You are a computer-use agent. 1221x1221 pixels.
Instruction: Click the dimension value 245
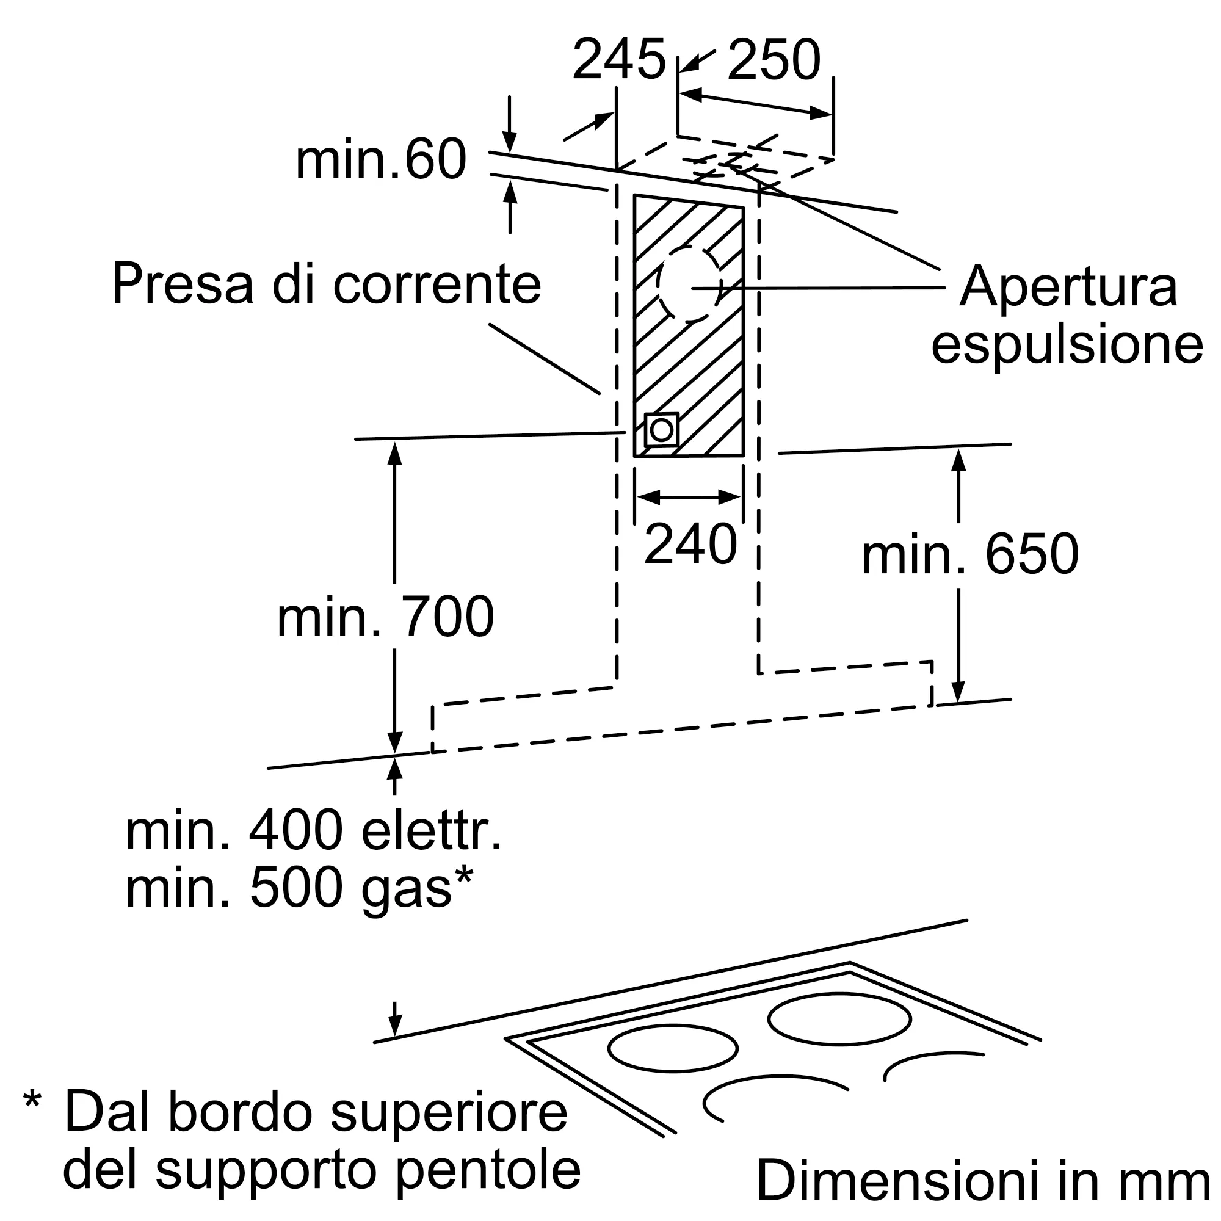pyautogui.click(x=618, y=60)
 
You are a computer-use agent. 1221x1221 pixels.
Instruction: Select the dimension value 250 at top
pyautogui.click(x=774, y=60)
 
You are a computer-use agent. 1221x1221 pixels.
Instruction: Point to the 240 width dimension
pyautogui.click(x=690, y=544)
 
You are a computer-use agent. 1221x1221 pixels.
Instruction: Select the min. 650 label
pyautogui.click(x=970, y=554)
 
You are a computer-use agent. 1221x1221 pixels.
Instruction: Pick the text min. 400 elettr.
pyautogui.click(x=313, y=832)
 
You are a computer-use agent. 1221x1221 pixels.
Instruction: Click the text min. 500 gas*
pyautogui.click(x=299, y=888)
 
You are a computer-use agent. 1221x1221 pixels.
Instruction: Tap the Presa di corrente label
pyautogui.click(x=326, y=284)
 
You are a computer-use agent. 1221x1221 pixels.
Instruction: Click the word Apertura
pyautogui.click(x=1068, y=287)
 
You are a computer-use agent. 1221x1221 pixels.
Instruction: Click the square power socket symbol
pyautogui.click(x=661, y=430)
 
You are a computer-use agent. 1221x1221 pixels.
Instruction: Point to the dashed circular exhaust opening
pyautogui.click(x=689, y=284)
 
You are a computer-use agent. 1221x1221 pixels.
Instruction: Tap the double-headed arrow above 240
pyautogui.click(x=689, y=498)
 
